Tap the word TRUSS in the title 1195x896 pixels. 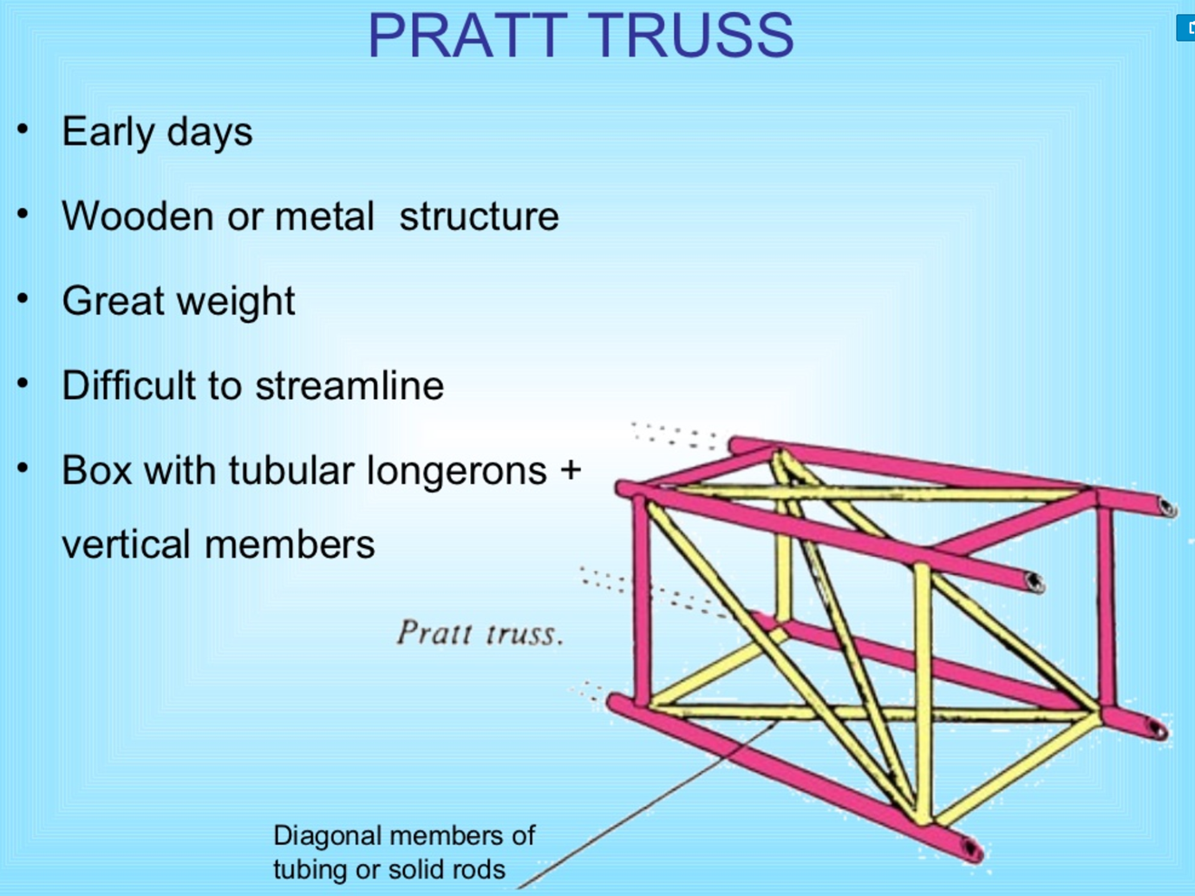pos(694,36)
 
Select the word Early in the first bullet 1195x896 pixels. pos(108,132)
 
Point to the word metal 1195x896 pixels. pos(324,216)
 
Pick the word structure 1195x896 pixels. pos(479,216)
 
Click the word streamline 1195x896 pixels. pos(349,385)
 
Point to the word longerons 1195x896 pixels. pos(456,471)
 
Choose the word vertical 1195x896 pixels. pos(127,545)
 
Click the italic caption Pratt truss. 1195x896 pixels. pos(480,633)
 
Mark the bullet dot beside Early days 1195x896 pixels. pos(23,130)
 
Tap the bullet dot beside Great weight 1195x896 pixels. pos(23,299)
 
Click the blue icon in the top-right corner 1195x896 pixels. pos(1185,28)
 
